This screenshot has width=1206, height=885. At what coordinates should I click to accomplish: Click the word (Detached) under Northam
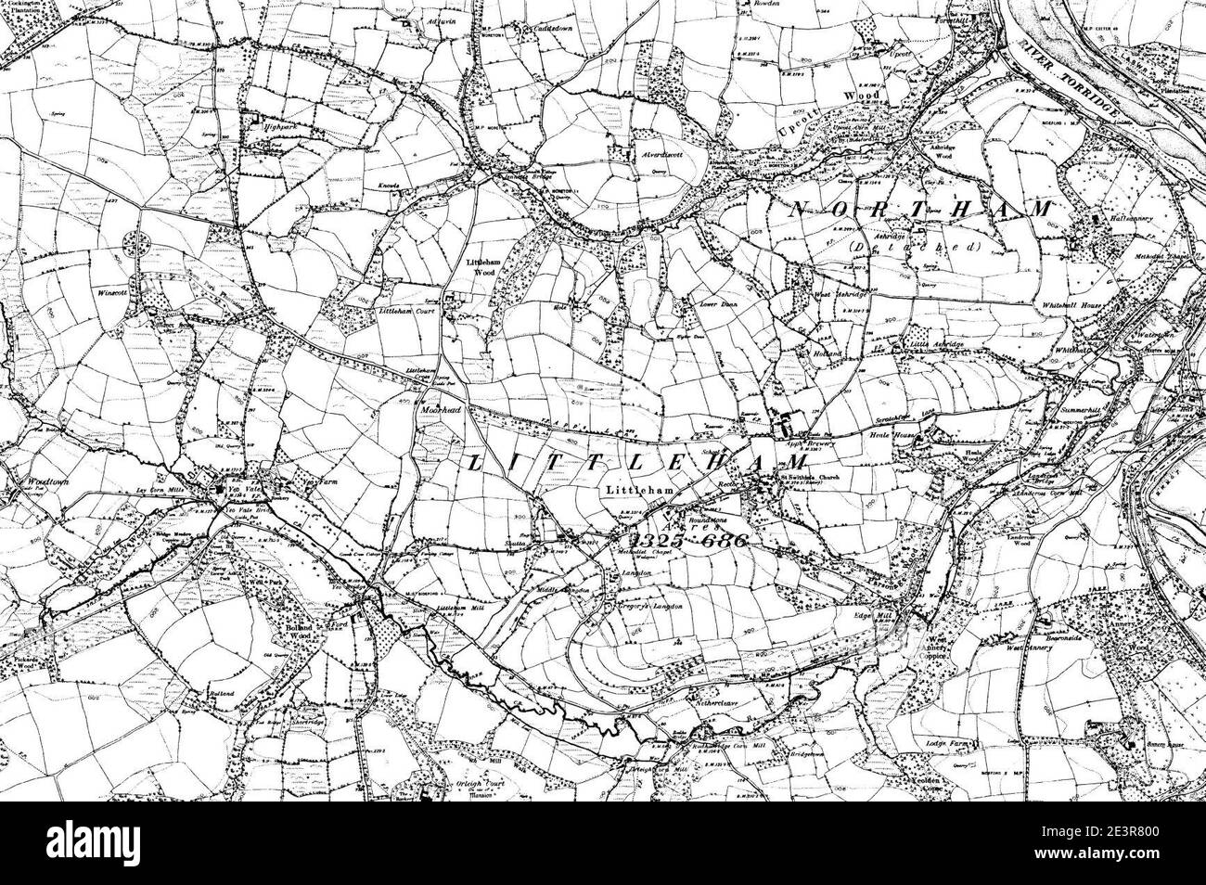coord(913,247)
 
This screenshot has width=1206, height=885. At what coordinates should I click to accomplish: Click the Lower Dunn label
coord(704,303)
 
